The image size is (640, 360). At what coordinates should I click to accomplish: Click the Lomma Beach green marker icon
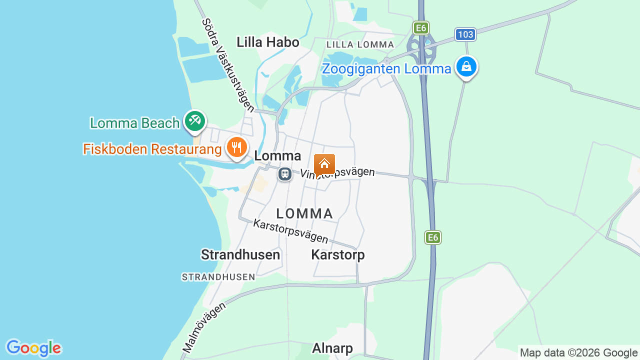[194, 121]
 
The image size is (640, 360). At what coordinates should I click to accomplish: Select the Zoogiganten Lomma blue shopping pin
[466, 66]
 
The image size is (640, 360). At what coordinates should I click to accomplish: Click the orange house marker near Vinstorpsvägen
[324, 164]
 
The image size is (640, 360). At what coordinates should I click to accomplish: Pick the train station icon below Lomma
[285, 174]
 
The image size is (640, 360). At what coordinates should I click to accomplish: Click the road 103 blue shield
[465, 34]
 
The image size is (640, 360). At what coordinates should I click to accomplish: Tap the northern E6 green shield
[421, 27]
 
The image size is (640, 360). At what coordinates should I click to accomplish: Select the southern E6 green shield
[433, 237]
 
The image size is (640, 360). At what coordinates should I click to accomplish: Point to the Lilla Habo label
[268, 42]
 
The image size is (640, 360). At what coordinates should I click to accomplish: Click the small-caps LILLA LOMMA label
[360, 44]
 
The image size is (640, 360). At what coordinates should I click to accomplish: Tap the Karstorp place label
[338, 254]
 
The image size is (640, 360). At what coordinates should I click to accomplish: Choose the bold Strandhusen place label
[240, 254]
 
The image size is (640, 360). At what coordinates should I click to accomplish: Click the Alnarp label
[332, 348]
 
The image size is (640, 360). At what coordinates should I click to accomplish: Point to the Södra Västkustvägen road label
[228, 65]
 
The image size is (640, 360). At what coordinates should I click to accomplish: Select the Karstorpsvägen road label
[290, 231]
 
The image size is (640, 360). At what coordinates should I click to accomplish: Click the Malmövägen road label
[203, 326]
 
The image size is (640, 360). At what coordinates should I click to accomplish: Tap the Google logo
[33, 348]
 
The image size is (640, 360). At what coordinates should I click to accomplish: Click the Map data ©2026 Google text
[578, 352]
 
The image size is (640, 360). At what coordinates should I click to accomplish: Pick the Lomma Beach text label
[134, 123]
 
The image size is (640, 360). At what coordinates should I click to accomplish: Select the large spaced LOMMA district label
[304, 213]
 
